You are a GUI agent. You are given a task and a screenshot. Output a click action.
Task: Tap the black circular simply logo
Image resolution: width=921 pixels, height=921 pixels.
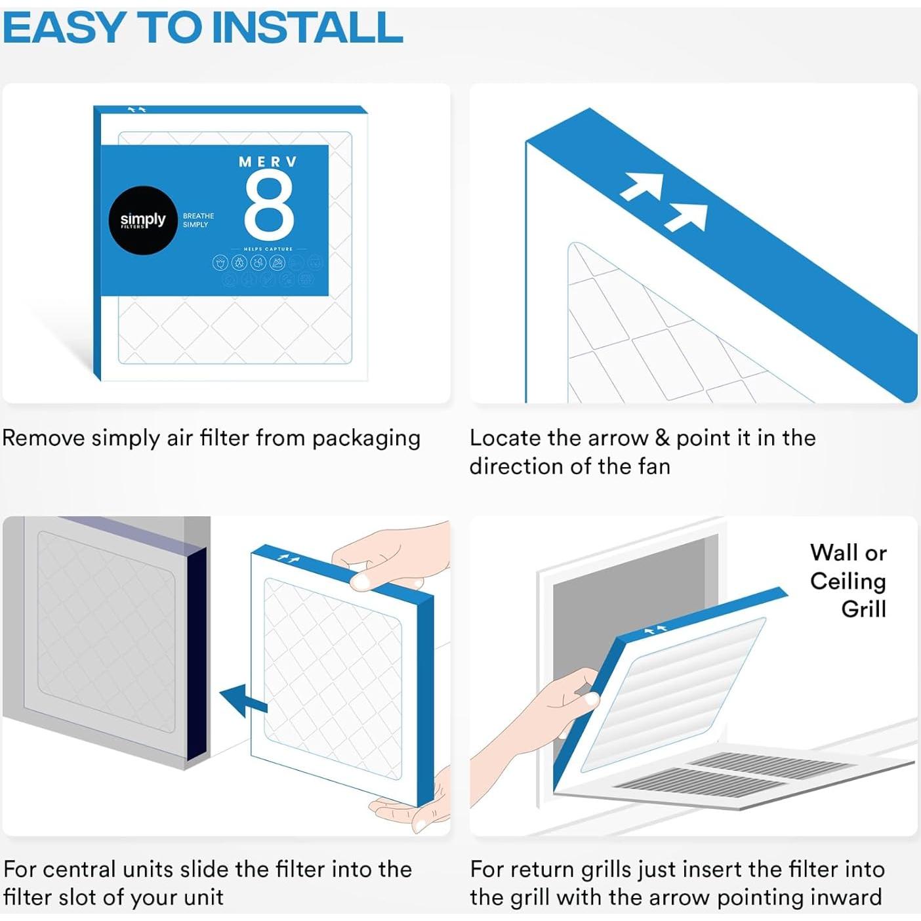click(x=142, y=220)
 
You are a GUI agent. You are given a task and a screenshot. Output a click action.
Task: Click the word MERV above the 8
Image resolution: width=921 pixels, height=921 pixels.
click(x=268, y=162)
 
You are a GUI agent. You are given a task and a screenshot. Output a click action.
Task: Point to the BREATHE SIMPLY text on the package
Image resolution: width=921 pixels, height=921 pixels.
click(x=198, y=220)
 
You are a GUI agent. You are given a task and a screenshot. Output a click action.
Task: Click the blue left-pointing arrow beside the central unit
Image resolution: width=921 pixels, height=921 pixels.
click(x=243, y=701)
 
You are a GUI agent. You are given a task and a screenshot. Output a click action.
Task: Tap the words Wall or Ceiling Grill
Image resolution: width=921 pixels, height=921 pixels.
click(x=848, y=581)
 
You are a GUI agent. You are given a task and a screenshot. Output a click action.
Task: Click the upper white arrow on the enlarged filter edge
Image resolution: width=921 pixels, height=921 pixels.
click(x=643, y=185)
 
